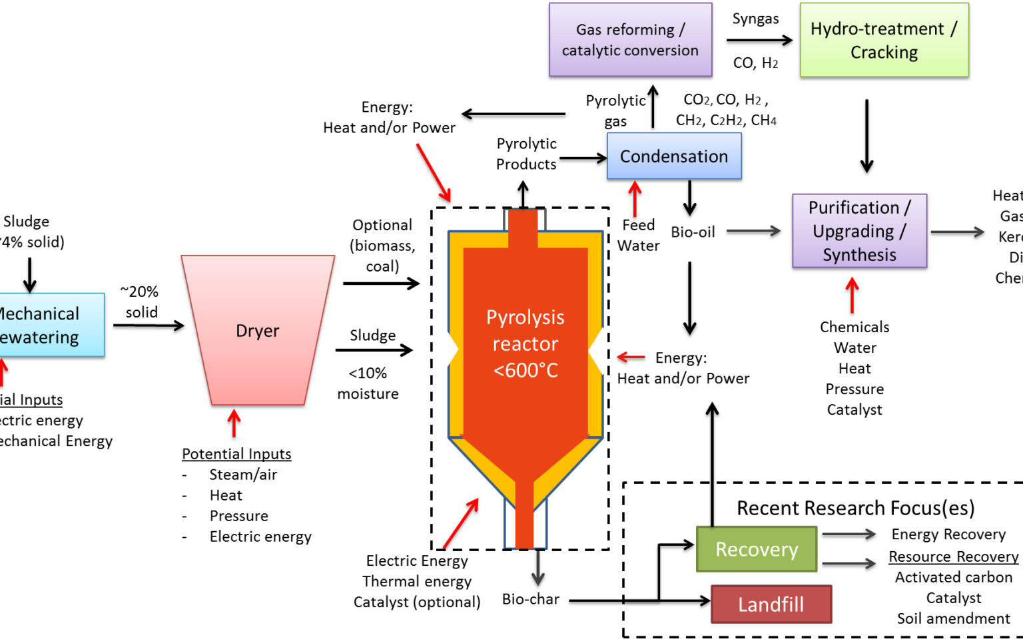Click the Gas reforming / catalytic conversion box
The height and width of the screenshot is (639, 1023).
[x=630, y=39]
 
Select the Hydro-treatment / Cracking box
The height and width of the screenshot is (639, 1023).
[x=884, y=40]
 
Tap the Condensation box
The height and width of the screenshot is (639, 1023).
[x=674, y=156]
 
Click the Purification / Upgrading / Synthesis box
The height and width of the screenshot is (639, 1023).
[x=859, y=231]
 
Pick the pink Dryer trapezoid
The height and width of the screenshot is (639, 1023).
[x=258, y=330]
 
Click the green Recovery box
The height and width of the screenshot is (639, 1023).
[x=757, y=549]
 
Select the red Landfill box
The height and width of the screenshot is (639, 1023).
[x=771, y=604]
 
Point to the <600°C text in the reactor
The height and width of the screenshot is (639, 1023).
[x=525, y=370]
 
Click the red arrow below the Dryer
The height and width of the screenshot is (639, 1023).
[x=234, y=423]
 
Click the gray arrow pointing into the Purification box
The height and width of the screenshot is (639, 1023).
[x=753, y=230]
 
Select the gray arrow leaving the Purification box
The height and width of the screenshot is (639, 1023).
[x=957, y=232]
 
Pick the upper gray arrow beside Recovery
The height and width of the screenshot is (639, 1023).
[x=849, y=534]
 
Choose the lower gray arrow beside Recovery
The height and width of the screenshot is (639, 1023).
[x=849, y=563]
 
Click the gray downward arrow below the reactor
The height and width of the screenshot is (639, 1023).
[x=538, y=568]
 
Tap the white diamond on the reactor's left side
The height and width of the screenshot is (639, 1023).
[x=444, y=349]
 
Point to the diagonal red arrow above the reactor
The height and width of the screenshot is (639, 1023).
[x=434, y=172]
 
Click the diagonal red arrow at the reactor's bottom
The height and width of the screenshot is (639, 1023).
[x=461, y=523]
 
